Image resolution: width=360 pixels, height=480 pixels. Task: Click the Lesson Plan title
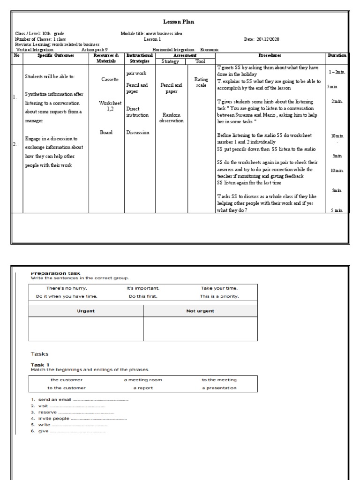[178, 22]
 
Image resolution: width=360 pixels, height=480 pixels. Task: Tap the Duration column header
[337, 55]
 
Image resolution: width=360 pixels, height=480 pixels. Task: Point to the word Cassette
[110, 79]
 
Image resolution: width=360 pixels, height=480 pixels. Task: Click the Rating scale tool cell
[201, 82]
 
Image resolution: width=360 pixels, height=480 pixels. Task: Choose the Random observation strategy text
[172, 118]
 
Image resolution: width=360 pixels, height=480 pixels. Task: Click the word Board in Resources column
[106, 133]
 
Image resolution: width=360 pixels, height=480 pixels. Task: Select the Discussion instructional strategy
[137, 133]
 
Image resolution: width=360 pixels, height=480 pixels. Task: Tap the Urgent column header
[86, 311]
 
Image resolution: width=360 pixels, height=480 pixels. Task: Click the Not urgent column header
[200, 311]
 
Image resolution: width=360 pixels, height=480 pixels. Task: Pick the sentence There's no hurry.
[67, 288]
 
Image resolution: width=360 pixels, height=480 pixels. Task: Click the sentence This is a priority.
[219, 296]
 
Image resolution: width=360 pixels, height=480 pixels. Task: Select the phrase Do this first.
[143, 296]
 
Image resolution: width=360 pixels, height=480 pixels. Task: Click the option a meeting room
[143, 380]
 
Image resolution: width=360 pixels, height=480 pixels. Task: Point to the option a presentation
[219, 388]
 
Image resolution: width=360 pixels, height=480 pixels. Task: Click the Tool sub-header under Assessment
[200, 61]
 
